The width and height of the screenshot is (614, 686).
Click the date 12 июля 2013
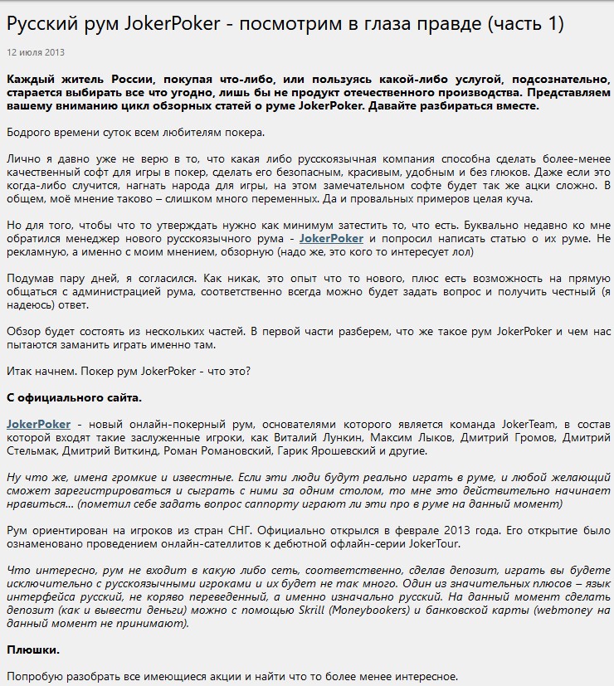pyautogui.click(x=36, y=51)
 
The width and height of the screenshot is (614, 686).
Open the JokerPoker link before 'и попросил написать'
pyautogui.click(x=331, y=238)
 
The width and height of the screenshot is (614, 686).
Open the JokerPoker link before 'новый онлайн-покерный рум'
pyautogui.click(x=39, y=424)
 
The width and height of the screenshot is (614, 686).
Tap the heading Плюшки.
pyautogui.click(x=33, y=649)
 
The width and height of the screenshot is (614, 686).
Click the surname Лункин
pyautogui.click(x=367, y=437)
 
